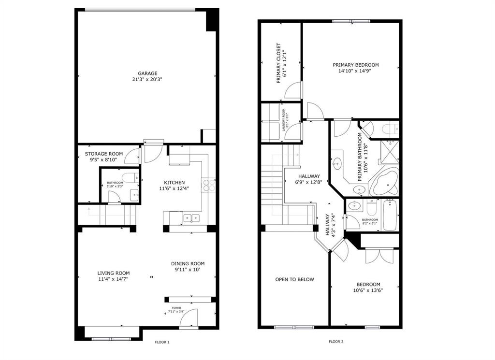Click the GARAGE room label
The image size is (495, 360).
click(147, 73)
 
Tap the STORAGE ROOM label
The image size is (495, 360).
click(104, 154)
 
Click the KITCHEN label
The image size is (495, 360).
click(174, 182)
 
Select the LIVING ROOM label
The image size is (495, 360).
click(114, 273)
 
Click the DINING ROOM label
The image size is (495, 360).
click(188, 264)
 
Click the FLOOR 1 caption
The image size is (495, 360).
click(162, 342)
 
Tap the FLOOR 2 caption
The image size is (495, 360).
click(336, 342)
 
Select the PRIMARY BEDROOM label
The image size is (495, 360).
click(355, 65)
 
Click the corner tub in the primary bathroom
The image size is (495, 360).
click(384, 183)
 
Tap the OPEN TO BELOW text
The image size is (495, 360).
click(294, 279)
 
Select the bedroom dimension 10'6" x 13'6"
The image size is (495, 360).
click(368, 290)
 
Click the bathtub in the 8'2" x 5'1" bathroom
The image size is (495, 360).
click(390, 215)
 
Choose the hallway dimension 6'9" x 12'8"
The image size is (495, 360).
click(309, 183)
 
